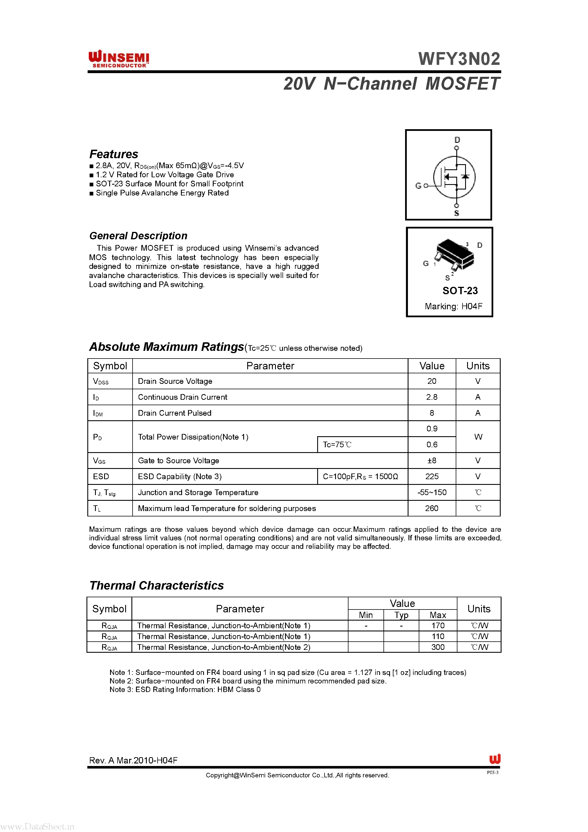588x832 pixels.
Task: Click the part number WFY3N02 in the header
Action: click(x=459, y=59)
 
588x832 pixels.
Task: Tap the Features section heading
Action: click(x=114, y=154)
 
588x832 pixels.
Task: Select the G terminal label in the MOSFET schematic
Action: click(x=418, y=186)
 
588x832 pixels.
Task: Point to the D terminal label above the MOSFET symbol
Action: click(x=457, y=139)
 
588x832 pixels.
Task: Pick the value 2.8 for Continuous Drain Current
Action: click(x=432, y=397)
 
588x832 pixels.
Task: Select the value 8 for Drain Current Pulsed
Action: click(x=432, y=413)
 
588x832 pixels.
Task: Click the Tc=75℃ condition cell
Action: click(x=337, y=445)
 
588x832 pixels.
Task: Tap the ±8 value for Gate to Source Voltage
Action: click(x=432, y=461)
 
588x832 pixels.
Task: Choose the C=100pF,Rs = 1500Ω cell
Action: click(x=360, y=477)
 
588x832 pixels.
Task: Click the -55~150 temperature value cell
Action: click(x=432, y=493)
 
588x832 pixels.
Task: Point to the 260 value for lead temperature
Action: click(x=432, y=508)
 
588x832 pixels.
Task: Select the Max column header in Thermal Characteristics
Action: click(x=438, y=615)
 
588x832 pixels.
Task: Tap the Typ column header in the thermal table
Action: click(x=401, y=615)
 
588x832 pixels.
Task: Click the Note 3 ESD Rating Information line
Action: click(x=185, y=690)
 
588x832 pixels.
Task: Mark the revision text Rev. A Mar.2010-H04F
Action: click(x=133, y=760)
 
